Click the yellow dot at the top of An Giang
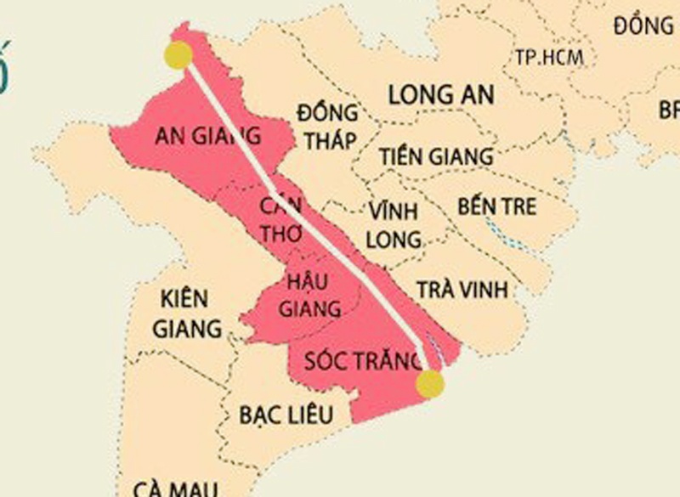[178, 55]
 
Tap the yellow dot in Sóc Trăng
[430, 384]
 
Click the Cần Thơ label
[280, 220]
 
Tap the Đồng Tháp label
[327, 127]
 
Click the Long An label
[441, 94]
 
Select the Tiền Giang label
[436, 156]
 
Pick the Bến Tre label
[497, 206]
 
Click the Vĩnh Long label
[394, 224]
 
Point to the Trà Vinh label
[462, 289]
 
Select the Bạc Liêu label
[285, 414]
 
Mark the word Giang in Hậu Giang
[314, 308]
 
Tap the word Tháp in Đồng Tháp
[328, 140]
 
